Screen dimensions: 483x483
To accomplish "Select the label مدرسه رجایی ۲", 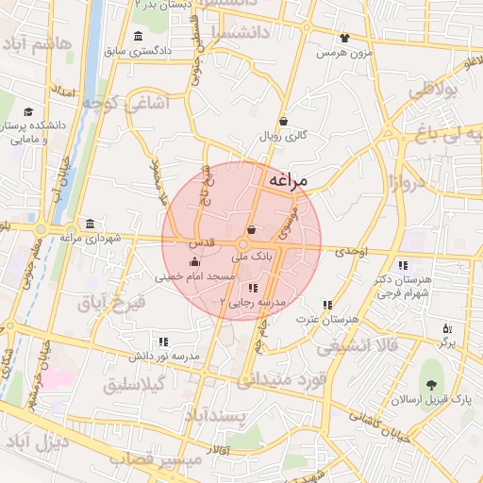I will tap(251, 302).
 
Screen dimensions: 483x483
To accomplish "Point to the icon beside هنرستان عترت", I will tap(327, 305).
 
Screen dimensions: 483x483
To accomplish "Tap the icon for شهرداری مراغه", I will tap(90, 224).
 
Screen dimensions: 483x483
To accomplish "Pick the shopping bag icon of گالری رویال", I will tap(284, 121).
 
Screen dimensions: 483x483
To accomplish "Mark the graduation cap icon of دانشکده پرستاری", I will tap(29, 111).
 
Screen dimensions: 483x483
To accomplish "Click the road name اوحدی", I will tap(348, 251).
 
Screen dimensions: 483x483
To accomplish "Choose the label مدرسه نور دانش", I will tap(164, 356).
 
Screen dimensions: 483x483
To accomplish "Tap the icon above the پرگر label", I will tap(447, 328).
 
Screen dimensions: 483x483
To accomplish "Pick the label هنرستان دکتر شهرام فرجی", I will tap(403, 287).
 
